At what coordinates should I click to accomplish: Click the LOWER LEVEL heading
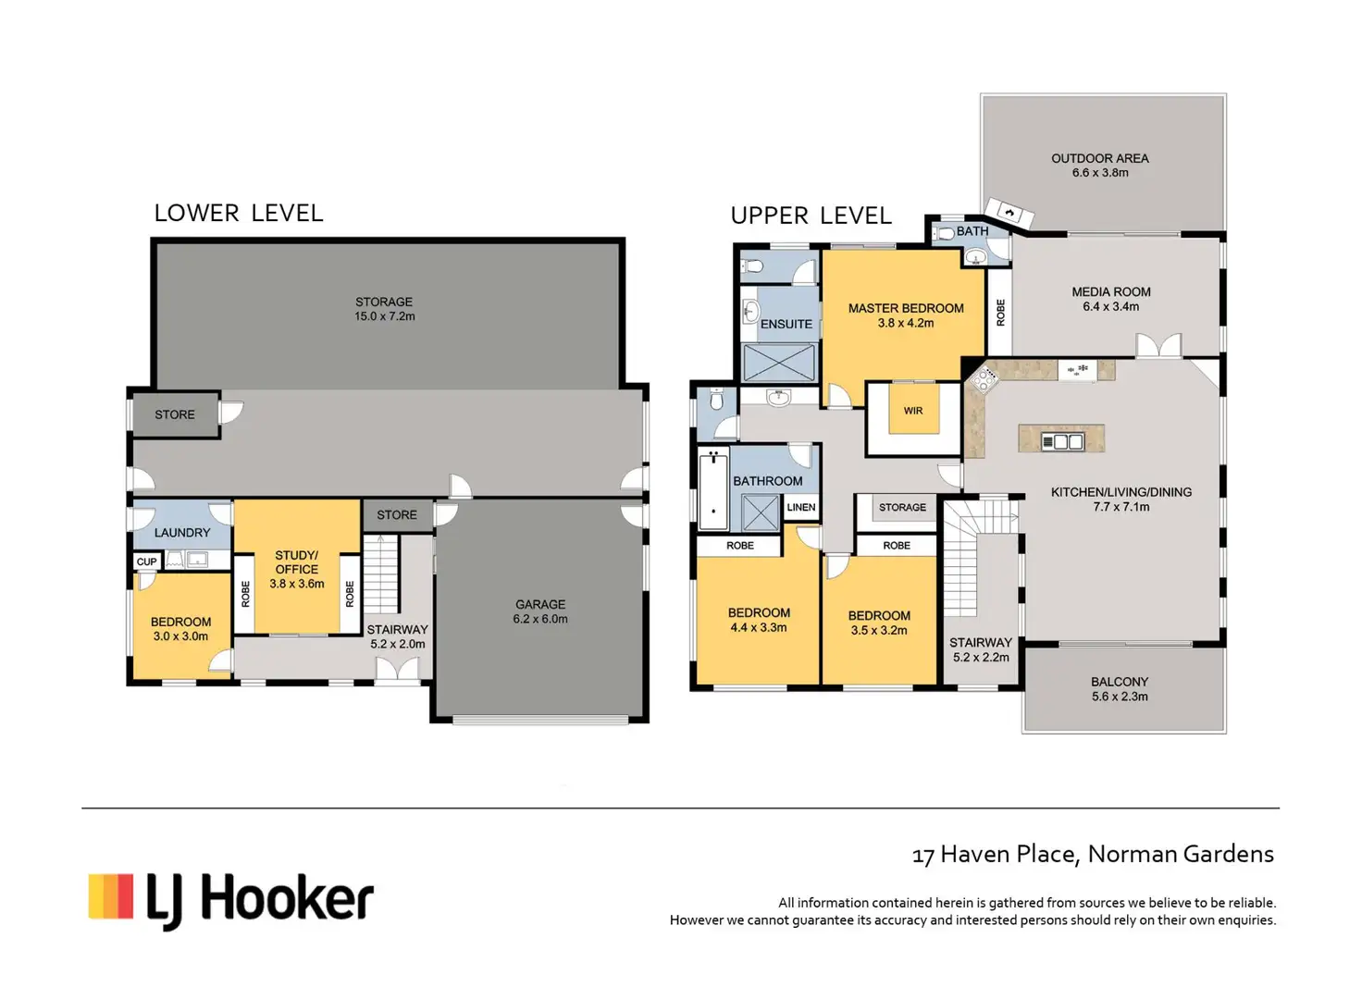[239, 214]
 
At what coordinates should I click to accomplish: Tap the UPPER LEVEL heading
[811, 216]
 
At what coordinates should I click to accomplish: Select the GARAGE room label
[540, 604]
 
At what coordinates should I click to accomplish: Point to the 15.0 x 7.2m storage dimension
[384, 316]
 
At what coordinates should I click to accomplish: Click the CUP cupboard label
[146, 561]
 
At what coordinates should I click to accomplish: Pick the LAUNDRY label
[181, 533]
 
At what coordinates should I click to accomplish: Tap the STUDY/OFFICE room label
[297, 562]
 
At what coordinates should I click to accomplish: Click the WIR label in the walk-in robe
[913, 411]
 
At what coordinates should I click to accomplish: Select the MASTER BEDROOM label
[906, 308]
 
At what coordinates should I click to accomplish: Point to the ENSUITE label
[786, 324]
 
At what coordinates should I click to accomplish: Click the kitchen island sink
[1061, 441]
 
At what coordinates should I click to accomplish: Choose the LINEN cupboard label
[800, 508]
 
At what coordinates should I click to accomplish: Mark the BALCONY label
[1120, 682]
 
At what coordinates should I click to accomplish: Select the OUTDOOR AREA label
[1100, 158]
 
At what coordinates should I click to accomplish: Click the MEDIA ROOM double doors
[1159, 346]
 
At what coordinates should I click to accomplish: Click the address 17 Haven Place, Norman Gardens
[1093, 855]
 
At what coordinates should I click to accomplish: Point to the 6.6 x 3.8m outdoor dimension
[1100, 173]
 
